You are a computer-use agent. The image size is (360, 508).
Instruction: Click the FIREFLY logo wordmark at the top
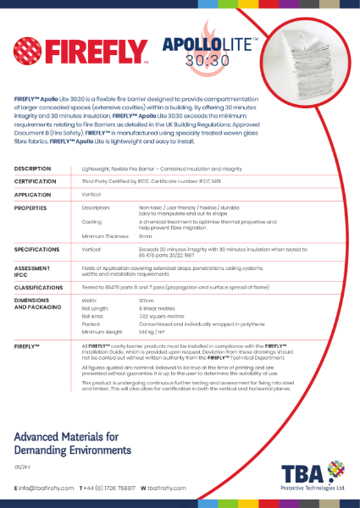coord(85,52)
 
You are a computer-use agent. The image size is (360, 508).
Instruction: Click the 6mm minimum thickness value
coord(146,235)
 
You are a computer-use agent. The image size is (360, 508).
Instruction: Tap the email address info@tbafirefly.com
coord(46,489)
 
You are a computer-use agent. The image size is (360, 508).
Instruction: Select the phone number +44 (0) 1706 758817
coord(109,489)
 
